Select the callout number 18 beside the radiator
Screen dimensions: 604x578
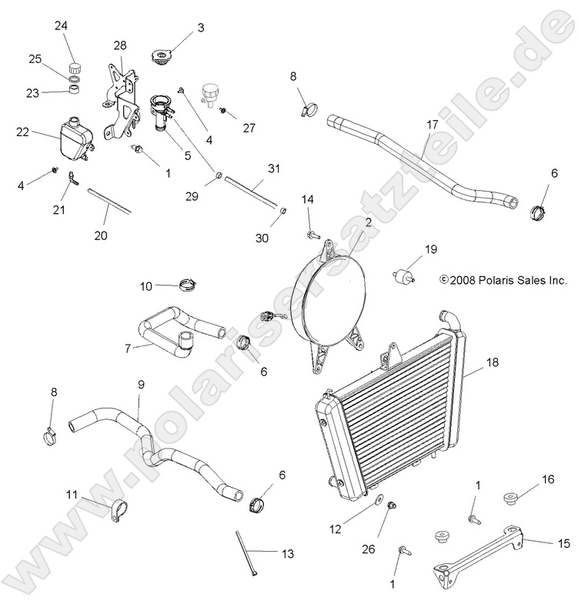pos(493,361)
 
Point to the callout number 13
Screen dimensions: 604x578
pos(288,553)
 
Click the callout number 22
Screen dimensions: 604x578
pos(22,132)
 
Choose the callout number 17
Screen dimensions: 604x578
pos(433,124)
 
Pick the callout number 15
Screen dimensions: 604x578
pos(563,542)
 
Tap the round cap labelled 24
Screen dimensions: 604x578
pos(75,63)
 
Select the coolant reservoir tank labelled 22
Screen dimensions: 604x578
pos(73,138)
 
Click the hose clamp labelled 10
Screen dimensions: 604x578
pos(185,287)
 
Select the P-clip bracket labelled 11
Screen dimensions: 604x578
pos(114,509)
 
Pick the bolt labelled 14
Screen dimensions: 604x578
pos(312,232)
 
